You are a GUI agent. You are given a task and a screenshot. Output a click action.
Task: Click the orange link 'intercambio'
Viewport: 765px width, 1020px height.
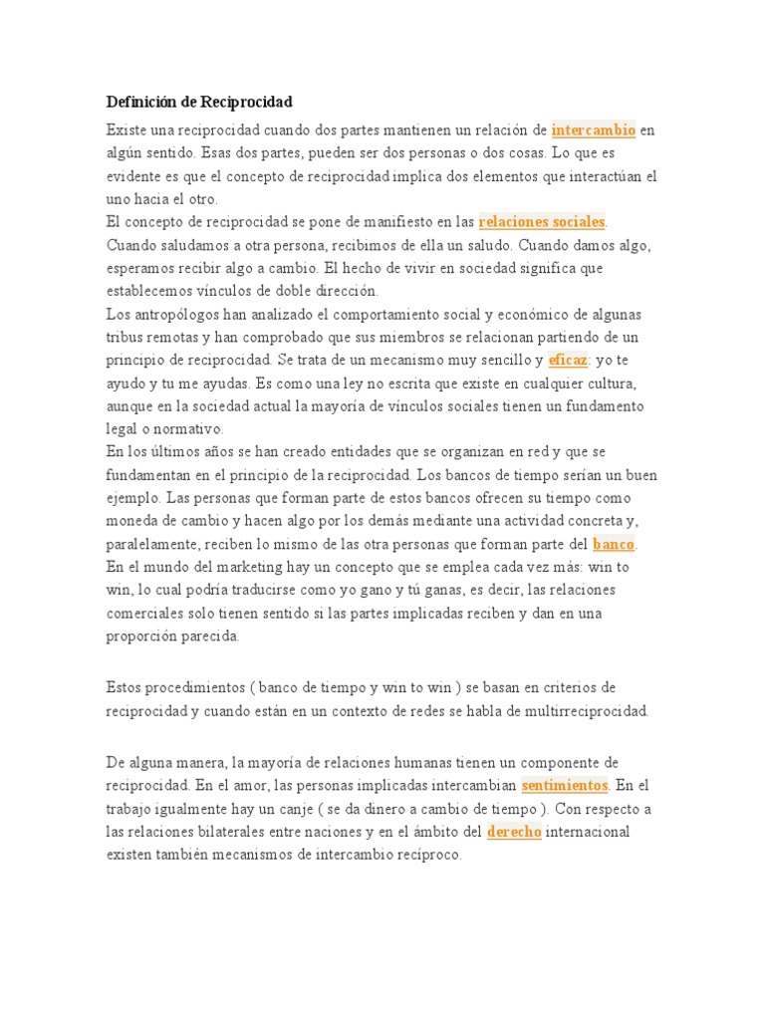[593, 129]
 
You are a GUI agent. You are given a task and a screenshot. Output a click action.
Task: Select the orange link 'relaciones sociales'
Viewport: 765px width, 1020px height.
[542, 221]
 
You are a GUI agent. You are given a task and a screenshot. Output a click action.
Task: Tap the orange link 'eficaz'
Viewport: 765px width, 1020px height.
[568, 360]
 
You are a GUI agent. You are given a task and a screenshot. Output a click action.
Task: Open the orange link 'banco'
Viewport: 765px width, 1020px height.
[614, 544]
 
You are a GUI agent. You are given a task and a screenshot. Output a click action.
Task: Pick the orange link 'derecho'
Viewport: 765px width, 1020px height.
[514, 831]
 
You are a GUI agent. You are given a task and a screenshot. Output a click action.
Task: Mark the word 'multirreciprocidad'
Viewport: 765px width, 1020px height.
[586, 711]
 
